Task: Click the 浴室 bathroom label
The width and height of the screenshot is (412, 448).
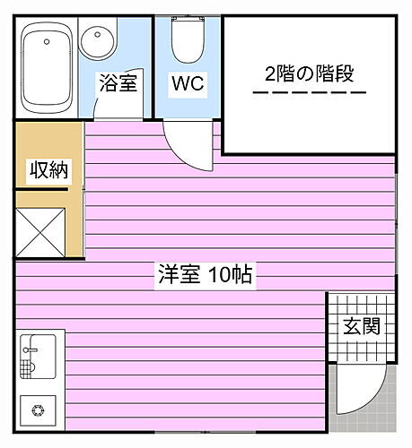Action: click(118, 82)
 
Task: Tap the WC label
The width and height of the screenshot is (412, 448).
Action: click(188, 83)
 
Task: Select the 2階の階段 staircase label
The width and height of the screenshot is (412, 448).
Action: click(310, 73)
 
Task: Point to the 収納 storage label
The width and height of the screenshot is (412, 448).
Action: click(48, 169)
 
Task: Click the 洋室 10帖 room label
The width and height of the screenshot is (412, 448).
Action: click(206, 274)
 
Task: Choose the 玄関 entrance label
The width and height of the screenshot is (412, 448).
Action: click(362, 326)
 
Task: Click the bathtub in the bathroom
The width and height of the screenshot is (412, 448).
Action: click(47, 68)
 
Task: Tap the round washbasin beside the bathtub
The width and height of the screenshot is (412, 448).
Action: click(97, 40)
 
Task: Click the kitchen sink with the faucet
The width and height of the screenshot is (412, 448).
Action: click(38, 357)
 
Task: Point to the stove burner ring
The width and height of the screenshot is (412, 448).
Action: click(38, 410)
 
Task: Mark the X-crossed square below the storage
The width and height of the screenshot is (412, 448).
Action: click(40, 232)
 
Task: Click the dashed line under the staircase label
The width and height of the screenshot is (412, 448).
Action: click(310, 92)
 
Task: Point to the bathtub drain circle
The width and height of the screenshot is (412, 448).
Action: click(47, 41)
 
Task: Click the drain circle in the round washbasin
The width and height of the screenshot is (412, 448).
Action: click(97, 35)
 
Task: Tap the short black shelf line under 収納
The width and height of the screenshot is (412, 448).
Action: click(40, 189)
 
